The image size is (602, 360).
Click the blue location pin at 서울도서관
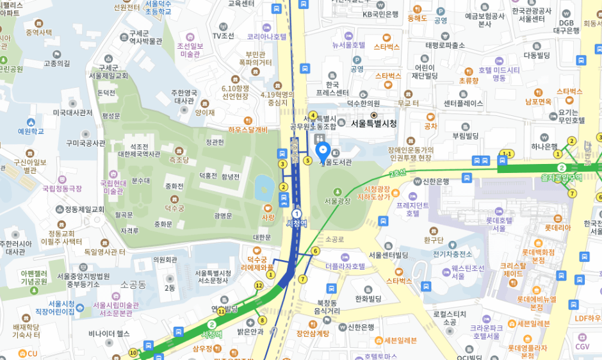tap(323, 152)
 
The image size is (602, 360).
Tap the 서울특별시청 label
tap(374, 124)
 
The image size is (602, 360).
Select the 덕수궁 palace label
tap(175, 208)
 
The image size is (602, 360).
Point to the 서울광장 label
tap(338, 200)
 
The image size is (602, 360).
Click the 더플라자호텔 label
tap(345, 266)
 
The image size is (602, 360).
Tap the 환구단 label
tap(434, 240)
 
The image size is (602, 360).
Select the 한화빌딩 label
tap(368, 298)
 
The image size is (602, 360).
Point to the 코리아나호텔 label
tap(266, 37)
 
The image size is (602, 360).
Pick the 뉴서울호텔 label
tap(348, 45)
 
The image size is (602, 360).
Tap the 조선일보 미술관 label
tap(190, 49)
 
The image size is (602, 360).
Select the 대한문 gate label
tap(262, 236)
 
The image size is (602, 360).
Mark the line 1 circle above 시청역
tap(297, 213)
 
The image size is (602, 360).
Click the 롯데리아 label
tap(557, 227)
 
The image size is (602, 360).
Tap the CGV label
tap(582, 346)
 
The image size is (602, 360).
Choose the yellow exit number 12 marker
tap(259, 285)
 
